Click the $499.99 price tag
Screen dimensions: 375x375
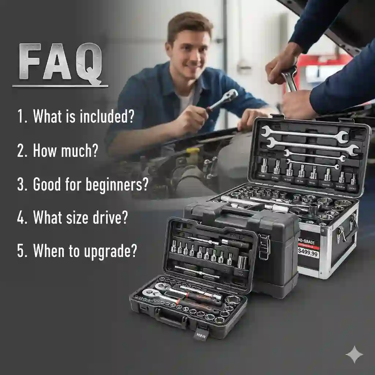point(308,252)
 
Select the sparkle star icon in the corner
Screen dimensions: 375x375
point(354,354)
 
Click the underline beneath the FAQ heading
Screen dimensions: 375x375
point(60,86)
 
